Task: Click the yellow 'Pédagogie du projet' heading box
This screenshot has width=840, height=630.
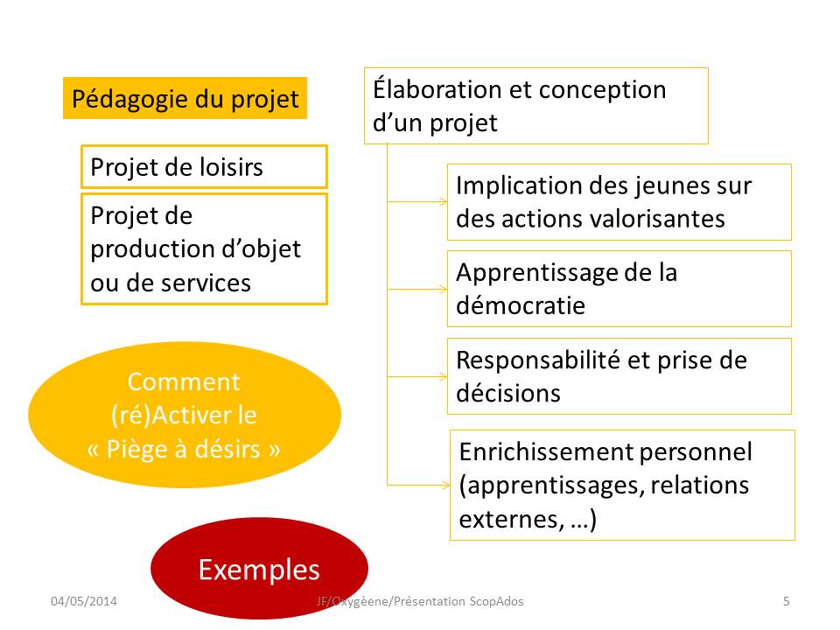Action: click(x=185, y=98)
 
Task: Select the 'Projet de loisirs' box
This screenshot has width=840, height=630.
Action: click(x=204, y=166)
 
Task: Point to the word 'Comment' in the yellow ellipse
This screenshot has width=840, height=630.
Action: click(x=184, y=382)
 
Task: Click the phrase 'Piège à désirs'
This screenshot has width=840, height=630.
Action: click(x=183, y=449)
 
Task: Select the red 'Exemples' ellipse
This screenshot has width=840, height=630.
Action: click(x=259, y=568)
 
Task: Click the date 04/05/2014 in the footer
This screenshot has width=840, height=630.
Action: click(x=84, y=601)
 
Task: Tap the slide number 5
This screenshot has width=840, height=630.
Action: click(x=787, y=601)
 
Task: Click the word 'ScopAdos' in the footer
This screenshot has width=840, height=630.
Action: click(x=497, y=601)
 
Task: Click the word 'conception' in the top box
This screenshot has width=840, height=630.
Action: click(x=602, y=90)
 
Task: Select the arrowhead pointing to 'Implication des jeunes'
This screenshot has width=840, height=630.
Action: click(x=443, y=202)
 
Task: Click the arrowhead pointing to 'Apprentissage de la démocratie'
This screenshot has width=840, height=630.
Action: click(x=443, y=290)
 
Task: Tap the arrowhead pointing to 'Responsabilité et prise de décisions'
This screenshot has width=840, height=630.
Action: click(x=443, y=376)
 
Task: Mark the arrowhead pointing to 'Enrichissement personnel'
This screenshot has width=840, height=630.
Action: click(x=445, y=486)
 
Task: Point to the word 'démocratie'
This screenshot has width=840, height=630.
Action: click(x=520, y=305)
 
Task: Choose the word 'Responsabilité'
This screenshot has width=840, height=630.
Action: click(x=537, y=360)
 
